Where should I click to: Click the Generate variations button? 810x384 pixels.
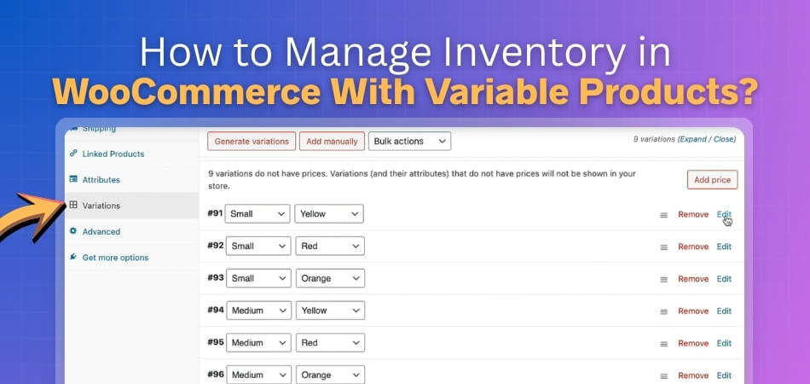[x=252, y=141]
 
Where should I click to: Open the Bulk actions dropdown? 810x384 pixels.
[x=409, y=141]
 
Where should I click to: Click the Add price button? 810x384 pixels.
[x=712, y=180]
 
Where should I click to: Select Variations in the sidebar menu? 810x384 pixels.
[x=101, y=206]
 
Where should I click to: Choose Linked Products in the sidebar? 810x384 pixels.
[x=113, y=154]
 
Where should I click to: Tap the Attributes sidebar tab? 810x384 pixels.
[x=101, y=180]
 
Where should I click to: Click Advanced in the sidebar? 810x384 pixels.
[x=101, y=231]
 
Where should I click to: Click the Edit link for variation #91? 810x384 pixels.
[x=724, y=214]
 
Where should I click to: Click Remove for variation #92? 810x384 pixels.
[x=693, y=247]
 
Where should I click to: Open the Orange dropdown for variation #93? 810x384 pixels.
[x=329, y=279]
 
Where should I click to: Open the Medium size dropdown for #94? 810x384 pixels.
[x=257, y=311]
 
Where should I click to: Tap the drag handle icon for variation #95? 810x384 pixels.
[x=663, y=343]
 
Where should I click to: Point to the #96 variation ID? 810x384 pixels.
[x=215, y=374]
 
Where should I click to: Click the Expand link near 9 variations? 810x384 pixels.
[x=695, y=139]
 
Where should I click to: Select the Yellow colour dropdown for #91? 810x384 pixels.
[x=329, y=214]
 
